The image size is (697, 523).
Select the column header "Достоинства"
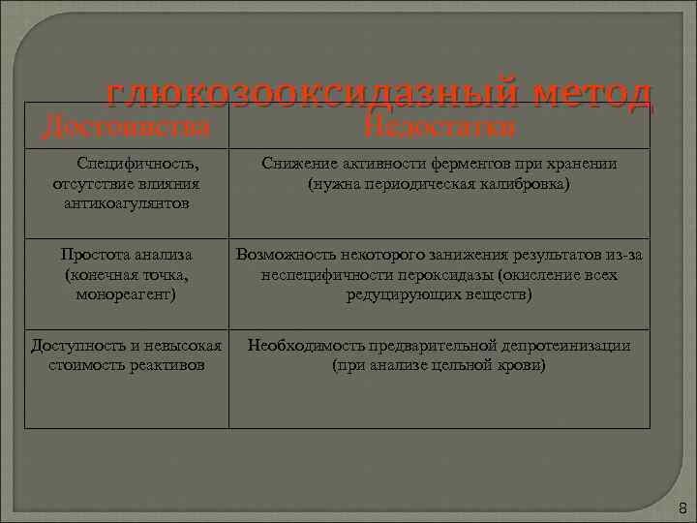(127, 127)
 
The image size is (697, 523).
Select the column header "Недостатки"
(439, 127)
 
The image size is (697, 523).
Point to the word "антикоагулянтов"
(127, 203)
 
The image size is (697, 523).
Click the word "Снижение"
(293, 164)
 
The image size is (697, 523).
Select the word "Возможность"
(282, 255)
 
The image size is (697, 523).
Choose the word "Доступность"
(76, 345)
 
